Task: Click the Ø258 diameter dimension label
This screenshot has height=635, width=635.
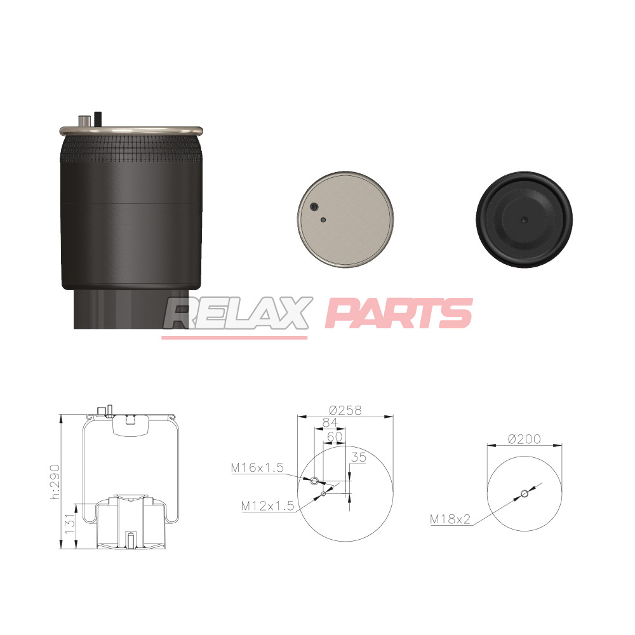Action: tap(345, 410)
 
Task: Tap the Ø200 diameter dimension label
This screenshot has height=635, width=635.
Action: tap(524, 439)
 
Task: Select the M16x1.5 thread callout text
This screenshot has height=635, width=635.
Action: tap(257, 468)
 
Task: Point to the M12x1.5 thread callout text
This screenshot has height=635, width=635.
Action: tap(267, 506)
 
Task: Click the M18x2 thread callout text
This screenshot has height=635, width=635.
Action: tap(450, 519)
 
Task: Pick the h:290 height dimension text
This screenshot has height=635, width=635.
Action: tap(55, 482)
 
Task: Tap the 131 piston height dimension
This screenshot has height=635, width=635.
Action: tap(70, 524)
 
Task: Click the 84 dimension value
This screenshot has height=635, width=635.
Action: tap(330, 423)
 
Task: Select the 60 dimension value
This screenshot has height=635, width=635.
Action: tap(335, 437)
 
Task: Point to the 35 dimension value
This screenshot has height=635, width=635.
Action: tap(358, 457)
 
